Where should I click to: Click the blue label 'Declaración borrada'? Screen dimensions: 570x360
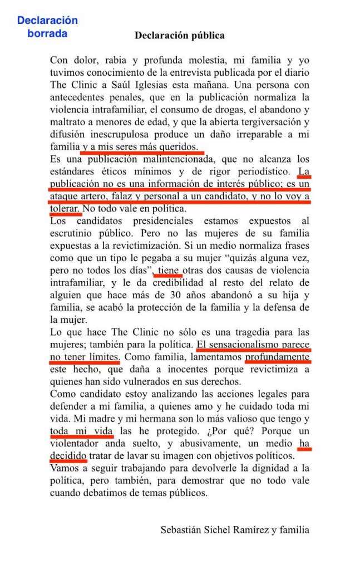coord(47,27)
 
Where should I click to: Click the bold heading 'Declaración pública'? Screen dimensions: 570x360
coord(180,35)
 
